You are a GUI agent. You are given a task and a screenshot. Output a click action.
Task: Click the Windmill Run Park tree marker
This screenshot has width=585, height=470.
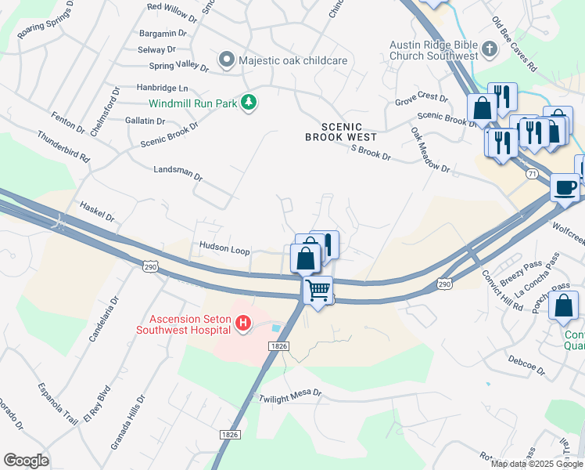[x=249, y=103]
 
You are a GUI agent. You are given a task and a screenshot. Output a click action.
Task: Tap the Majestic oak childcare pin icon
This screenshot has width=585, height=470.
[x=228, y=60]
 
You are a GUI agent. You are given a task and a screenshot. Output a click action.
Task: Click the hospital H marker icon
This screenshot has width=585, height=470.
[x=243, y=323]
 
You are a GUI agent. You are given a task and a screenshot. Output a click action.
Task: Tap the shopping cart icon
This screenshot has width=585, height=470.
[x=318, y=290]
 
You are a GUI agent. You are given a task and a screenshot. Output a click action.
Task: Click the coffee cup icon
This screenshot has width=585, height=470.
[x=565, y=188]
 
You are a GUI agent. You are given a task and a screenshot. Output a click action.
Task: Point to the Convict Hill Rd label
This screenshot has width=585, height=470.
[x=501, y=291]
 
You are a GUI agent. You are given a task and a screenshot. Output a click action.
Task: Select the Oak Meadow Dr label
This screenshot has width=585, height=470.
[x=430, y=152]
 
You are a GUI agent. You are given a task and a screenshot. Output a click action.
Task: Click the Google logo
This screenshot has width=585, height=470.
[x=26, y=461]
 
